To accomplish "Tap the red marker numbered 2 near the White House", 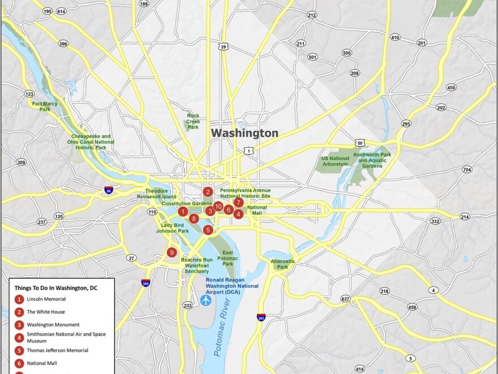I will (208, 192).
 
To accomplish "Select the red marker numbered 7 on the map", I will (238, 202).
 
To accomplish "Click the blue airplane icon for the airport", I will (205, 299).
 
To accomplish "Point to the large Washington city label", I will (244, 133).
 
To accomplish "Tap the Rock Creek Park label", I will (193, 122).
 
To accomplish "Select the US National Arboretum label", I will (335, 161).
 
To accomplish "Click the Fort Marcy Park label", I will (45, 107).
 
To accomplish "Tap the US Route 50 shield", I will (360, 142).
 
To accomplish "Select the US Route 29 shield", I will (225, 46).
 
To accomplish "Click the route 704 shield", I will (466, 169).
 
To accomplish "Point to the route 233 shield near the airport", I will (187, 305).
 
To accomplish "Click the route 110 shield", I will (152, 212).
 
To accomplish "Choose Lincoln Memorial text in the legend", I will (46, 299).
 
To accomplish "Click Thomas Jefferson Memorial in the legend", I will (57, 350).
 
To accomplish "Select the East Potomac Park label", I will (228, 258).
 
